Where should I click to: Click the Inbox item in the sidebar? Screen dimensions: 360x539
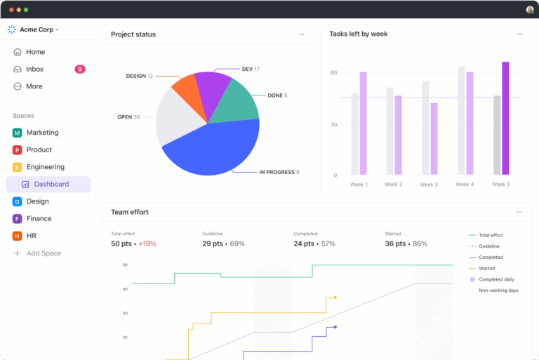pyautogui.click(x=34, y=69)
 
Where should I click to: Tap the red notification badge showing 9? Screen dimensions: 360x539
pyautogui.click(x=80, y=69)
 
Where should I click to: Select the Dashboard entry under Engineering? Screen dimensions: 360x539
pyautogui.click(x=51, y=184)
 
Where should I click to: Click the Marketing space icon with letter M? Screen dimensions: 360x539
pyautogui.click(x=17, y=133)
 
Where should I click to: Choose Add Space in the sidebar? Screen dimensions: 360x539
pyautogui.click(x=43, y=253)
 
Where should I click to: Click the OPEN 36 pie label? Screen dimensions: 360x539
pyautogui.click(x=128, y=117)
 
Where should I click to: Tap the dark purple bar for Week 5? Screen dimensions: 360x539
pyautogui.click(x=505, y=118)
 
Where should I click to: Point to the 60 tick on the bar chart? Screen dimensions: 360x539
pyautogui.click(x=334, y=73)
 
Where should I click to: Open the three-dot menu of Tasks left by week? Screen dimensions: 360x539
pyautogui.click(x=520, y=34)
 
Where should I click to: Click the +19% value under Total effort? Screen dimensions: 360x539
pyautogui.click(x=147, y=244)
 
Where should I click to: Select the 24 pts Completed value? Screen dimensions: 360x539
pyautogui.click(x=304, y=244)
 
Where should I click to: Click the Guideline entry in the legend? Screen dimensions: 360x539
pyautogui.click(x=488, y=246)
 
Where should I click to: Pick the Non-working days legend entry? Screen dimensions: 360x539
pyautogui.click(x=498, y=291)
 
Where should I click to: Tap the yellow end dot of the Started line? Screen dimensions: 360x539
pyautogui.click(x=335, y=298)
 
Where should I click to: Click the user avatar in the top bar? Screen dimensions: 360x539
pyautogui.click(x=530, y=10)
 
